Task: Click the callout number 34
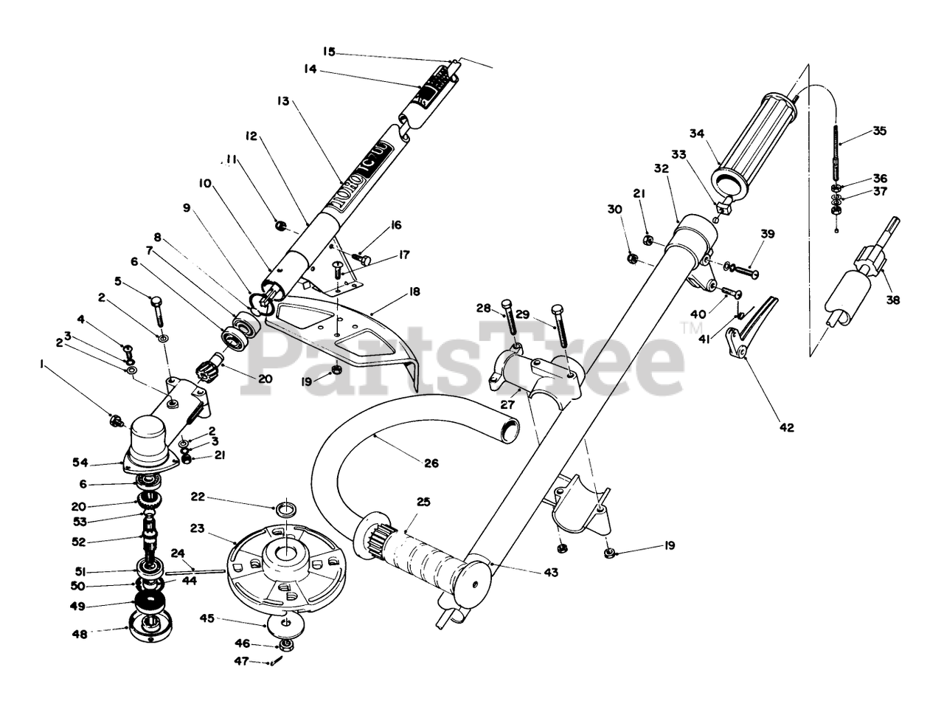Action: coord(698,134)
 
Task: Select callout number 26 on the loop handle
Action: coord(431,463)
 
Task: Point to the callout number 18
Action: coord(414,292)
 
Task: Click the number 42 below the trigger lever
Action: coord(787,427)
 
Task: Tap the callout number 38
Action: coord(893,300)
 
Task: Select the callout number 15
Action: coord(329,52)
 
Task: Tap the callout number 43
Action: coord(550,572)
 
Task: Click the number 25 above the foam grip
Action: coord(423,502)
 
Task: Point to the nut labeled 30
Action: coord(632,258)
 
